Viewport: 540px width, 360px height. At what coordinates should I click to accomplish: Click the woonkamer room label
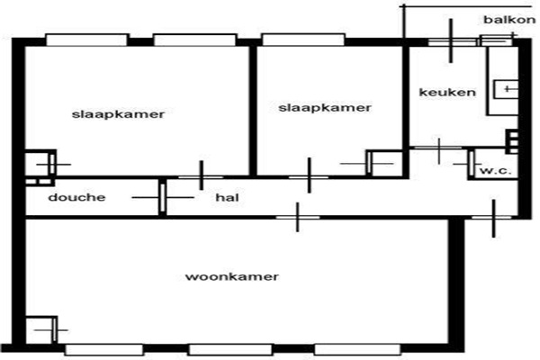[x=232, y=276]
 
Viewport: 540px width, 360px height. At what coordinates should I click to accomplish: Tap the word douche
[x=76, y=197]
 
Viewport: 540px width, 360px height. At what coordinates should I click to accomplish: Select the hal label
[x=227, y=197]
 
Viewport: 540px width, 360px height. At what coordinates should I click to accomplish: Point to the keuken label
[x=447, y=93]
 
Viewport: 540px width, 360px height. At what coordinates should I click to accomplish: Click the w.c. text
[x=496, y=171]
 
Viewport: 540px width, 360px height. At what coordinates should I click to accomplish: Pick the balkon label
[x=509, y=20]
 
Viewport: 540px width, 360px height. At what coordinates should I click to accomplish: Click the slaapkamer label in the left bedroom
[x=118, y=114]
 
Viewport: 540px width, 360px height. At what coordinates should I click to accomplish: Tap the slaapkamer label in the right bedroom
[x=325, y=107]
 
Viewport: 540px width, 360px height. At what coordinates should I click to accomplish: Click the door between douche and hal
[x=163, y=198]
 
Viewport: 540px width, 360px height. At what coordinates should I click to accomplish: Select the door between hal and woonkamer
[x=298, y=218]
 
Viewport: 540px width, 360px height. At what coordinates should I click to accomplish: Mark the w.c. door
[x=471, y=165]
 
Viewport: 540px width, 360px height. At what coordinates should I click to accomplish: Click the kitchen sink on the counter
[x=506, y=89]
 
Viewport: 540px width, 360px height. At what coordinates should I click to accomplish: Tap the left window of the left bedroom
[x=86, y=40]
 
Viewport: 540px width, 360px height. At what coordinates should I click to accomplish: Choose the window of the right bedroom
[x=303, y=40]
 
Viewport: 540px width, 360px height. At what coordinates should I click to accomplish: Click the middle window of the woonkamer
[x=230, y=350]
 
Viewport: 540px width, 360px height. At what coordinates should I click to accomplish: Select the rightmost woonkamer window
[x=357, y=350]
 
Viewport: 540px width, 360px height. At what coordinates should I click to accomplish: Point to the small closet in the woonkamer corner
[x=41, y=329]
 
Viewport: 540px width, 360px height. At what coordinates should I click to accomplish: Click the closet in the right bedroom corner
[x=384, y=163]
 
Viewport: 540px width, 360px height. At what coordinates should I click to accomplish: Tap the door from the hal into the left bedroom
[x=202, y=177]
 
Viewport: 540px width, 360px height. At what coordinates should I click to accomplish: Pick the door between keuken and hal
[x=439, y=148]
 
